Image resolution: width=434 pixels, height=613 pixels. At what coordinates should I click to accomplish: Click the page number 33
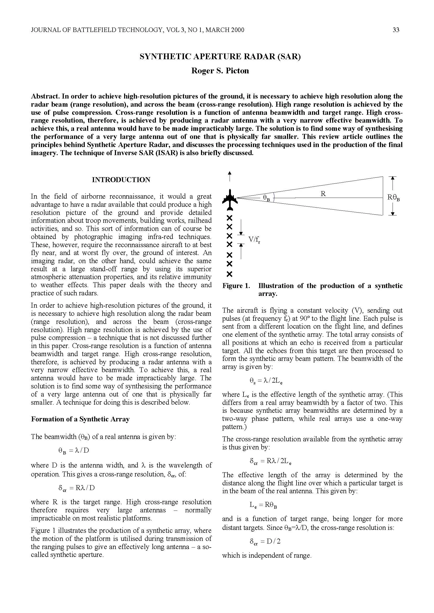tap(396, 30)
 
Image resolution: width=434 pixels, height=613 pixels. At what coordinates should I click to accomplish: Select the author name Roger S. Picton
tap(220, 71)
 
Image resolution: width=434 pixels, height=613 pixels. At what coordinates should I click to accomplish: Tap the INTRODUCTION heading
tap(121, 180)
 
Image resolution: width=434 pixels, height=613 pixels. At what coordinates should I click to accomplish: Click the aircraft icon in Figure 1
tap(230, 200)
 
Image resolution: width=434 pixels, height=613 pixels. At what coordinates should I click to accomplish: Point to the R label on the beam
tap(323, 194)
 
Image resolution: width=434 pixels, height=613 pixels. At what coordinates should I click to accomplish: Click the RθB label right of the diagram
tap(393, 198)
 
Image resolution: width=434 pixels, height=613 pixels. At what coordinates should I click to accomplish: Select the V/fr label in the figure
tap(254, 240)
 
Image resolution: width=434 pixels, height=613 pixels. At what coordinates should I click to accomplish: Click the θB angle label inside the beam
tap(266, 198)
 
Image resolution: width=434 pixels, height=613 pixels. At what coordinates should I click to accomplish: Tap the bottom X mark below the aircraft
tap(229, 274)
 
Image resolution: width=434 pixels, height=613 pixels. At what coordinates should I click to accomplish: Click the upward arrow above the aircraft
tap(229, 176)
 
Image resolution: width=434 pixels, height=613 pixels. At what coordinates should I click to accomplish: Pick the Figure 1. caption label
tap(236, 286)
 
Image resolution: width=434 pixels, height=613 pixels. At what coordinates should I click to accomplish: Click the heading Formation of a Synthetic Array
tap(80, 419)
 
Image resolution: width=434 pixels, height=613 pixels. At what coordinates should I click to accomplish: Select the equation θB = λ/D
tap(74, 451)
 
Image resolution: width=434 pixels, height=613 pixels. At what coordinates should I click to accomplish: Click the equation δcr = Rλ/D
tap(77, 488)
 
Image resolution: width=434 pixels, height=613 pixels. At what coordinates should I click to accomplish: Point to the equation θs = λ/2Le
tap(266, 381)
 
